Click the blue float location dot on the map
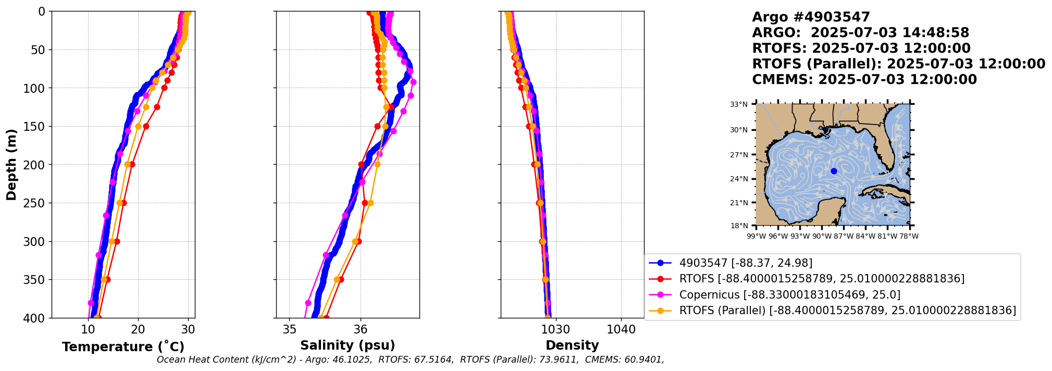(x=834, y=171)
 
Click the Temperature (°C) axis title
(x=123, y=347)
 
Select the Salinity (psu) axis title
(x=348, y=345)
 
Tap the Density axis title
(x=572, y=345)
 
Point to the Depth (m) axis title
(x=11, y=164)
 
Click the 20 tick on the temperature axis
(x=138, y=330)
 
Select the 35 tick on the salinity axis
(x=289, y=330)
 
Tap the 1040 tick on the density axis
(x=621, y=330)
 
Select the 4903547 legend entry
(x=746, y=263)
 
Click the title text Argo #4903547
(x=811, y=17)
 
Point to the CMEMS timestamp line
(x=864, y=80)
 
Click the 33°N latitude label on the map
(x=738, y=105)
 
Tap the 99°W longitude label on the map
(x=756, y=237)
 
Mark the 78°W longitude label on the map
(x=910, y=237)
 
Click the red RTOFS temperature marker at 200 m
(x=132, y=165)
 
